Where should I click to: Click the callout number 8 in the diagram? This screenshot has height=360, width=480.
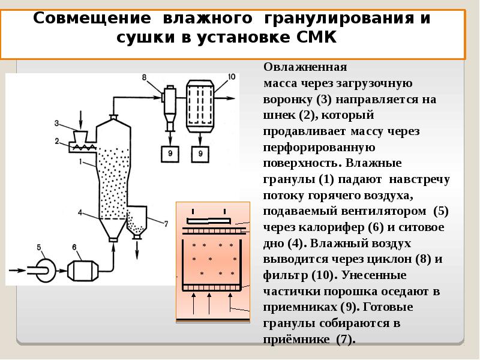point(144,77)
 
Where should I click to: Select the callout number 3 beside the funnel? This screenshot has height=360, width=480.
point(56,124)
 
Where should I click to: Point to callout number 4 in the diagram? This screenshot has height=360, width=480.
point(80,211)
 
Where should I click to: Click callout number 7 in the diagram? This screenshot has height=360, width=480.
point(166,223)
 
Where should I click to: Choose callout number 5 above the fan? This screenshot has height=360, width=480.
point(40,245)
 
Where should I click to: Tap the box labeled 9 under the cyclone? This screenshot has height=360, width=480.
point(170,154)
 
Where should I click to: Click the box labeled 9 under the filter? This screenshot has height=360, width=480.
point(201,154)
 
